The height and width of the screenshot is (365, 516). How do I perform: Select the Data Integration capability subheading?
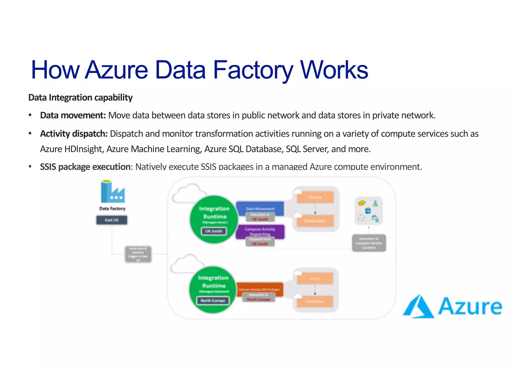[80, 98]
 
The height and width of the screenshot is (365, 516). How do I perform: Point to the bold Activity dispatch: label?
[74, 134]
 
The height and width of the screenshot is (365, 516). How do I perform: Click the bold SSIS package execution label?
[85, 167]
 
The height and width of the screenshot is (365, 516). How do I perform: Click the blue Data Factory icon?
[113, 192]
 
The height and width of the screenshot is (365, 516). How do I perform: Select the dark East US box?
[112, 220]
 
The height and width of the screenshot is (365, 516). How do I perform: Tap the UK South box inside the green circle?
[214, 231]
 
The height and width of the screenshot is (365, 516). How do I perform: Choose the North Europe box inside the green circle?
[213, 300]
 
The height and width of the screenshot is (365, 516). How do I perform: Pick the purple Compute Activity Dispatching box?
[260, 231]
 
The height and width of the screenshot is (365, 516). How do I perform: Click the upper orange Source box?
[315, 197]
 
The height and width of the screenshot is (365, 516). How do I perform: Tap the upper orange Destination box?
[315, 221]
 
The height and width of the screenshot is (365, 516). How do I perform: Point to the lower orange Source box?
[315, 279]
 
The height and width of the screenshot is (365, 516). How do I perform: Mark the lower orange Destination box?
[315, 301]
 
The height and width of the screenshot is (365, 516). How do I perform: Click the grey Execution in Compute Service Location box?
[369, 243]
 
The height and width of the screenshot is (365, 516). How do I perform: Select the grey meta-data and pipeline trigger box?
[138, 254]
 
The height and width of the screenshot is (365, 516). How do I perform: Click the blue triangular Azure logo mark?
[418, 307]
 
